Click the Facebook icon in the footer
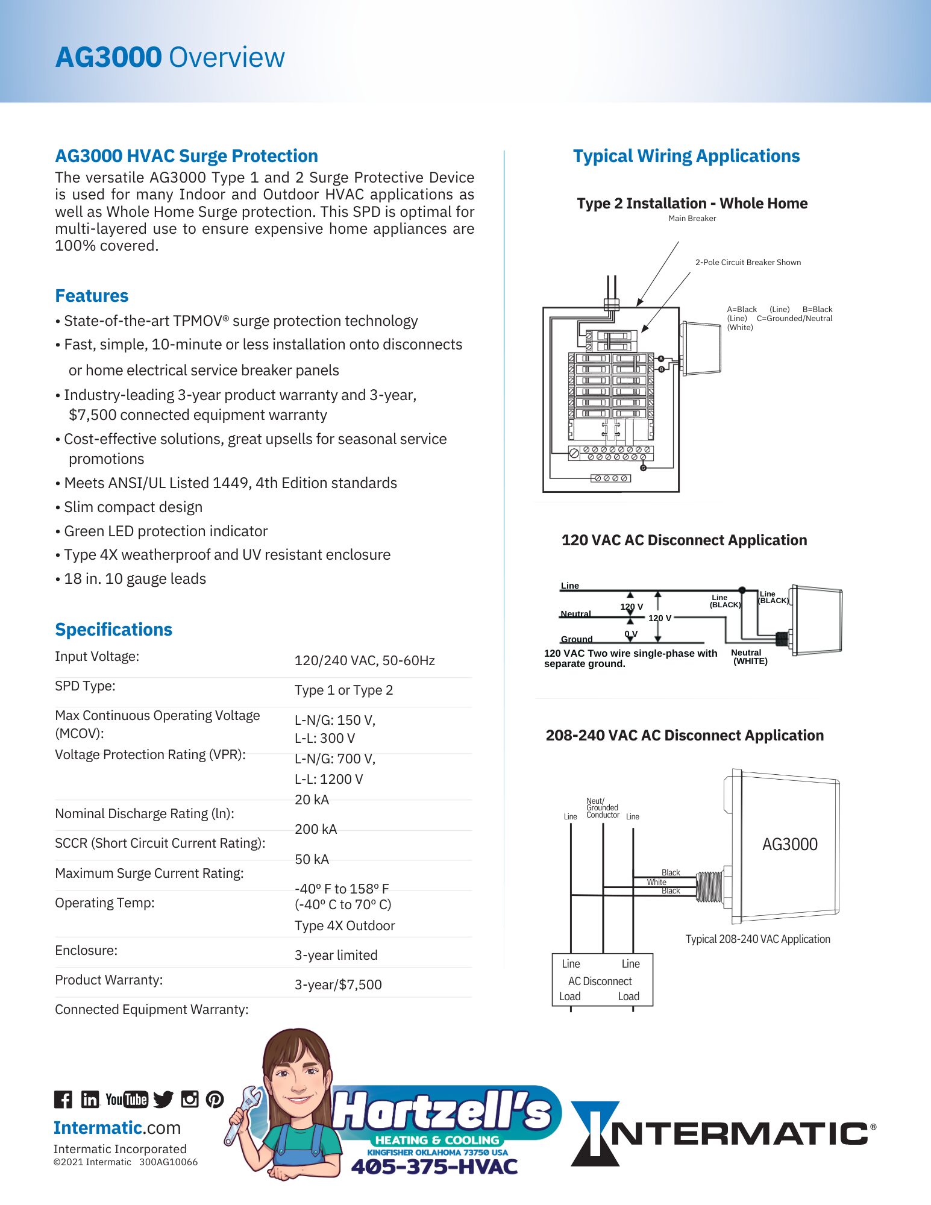(63, 1100)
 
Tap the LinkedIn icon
(90, 1100)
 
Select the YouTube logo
(127, 1100)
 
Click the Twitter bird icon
(163, 1100)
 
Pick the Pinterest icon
(215, 1100)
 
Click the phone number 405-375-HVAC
(434, 1167)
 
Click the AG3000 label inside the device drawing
(789, 845)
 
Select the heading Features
(92, 296)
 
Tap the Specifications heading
(113, 630)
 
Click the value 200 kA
(316, 830)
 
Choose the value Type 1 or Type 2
(343, 690)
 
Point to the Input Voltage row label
(97, 657)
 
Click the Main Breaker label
(692, 219)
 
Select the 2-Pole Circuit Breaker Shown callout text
(748, 263)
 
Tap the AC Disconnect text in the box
(600, 981)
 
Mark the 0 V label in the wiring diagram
(631, 634)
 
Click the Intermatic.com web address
(117, 1128)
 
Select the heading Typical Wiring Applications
(686, 156)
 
